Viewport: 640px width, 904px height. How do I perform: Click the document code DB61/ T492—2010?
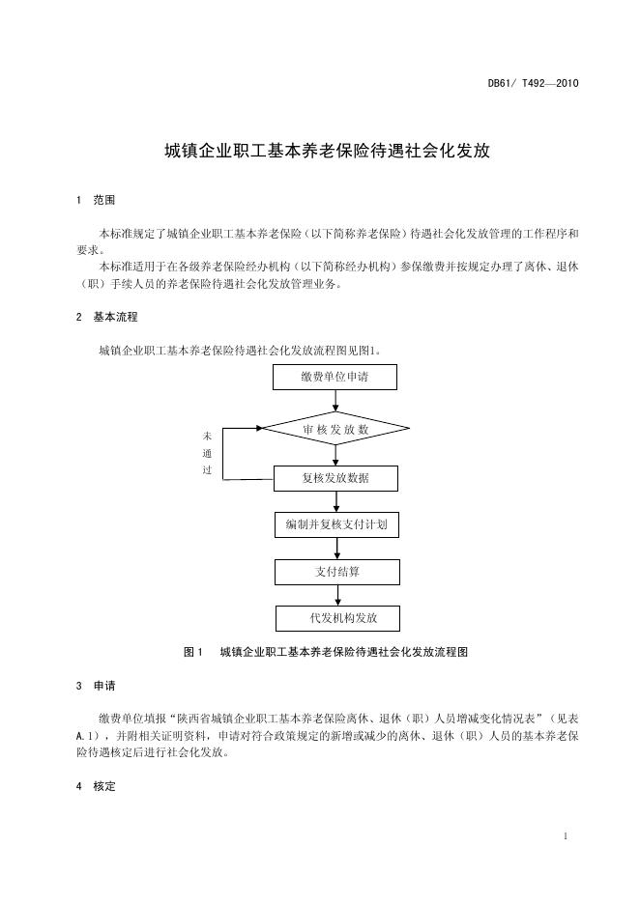click(533, 84)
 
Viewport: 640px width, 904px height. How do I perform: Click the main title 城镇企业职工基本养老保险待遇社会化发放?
click(328, 151)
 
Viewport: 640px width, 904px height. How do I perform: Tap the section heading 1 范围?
click(95, 200)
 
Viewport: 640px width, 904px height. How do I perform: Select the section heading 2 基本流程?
click(106, 316)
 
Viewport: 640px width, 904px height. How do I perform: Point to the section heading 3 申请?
click(95, 687)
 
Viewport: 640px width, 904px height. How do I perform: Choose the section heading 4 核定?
click(95, 786)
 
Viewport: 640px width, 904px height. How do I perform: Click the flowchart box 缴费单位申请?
click(335, 377)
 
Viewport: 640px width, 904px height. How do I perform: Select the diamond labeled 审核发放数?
click(335, 428)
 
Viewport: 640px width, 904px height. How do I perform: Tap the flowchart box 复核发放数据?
click(335, 477)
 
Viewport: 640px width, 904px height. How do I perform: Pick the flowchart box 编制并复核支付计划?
click(335, 524)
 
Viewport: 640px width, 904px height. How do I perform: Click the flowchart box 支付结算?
click(336, 572)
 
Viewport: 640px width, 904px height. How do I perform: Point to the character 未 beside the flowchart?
click(207, 436)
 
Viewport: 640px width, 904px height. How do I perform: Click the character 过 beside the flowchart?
click(207, 470)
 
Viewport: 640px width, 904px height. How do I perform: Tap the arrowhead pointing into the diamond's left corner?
click(259, 428)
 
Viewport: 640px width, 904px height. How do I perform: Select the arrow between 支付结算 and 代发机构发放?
click(336, 595)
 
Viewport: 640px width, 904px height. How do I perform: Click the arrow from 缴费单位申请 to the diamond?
click(335, 400)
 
